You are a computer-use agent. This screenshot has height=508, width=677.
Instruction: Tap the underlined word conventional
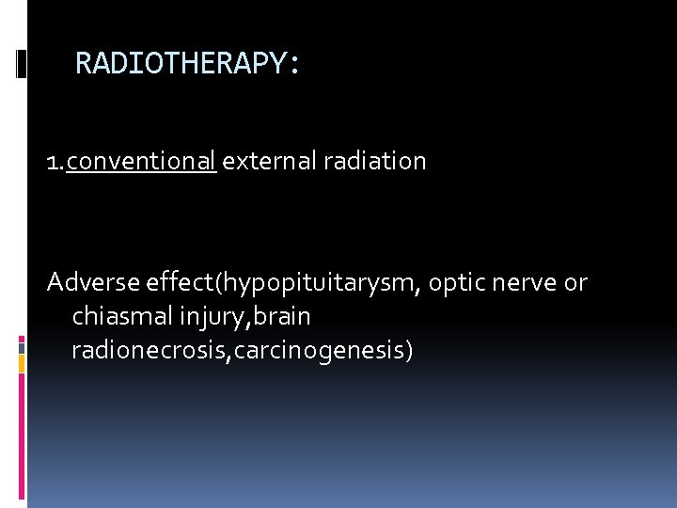[142, 161]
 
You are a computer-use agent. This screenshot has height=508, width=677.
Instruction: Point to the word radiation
[374, 161]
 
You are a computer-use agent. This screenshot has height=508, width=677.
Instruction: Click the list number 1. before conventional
[56, 162]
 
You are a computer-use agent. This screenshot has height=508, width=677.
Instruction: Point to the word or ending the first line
[575, 282]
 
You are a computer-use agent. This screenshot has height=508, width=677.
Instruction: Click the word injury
[209, 316]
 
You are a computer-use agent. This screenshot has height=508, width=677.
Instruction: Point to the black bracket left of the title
[22, 64]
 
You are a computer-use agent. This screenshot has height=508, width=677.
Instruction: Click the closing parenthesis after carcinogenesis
[409, 351]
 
